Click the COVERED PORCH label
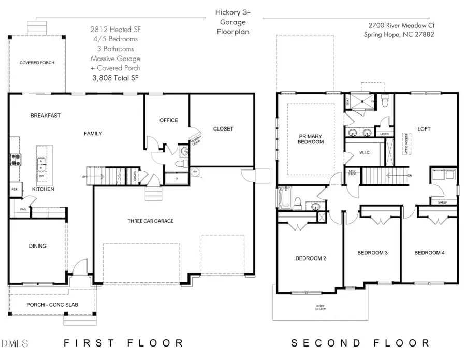pyautogui.click(x=37, y=62)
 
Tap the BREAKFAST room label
pyautogui.click(x=45, y=116)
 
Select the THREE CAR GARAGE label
pyautogui.click(x=151, y=221)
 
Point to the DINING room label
pyautogui.click(x=38, y=246)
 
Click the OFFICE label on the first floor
pyautogui.click(x=168, y=120)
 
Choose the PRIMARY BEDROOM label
pyautogui.click(x=311, y=139)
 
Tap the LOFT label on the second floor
pyautogui.click(x=424, y=129)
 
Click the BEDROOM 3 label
pyautogui.click(x=373, y=253)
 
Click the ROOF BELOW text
pyautogui.click(x=321, y=308)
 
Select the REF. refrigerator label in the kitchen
pyautogui.click(x=14, y=190)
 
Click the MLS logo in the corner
pyautogui.click(x=16, y=343)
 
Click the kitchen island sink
pyautogui.click(x=42, y=164)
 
